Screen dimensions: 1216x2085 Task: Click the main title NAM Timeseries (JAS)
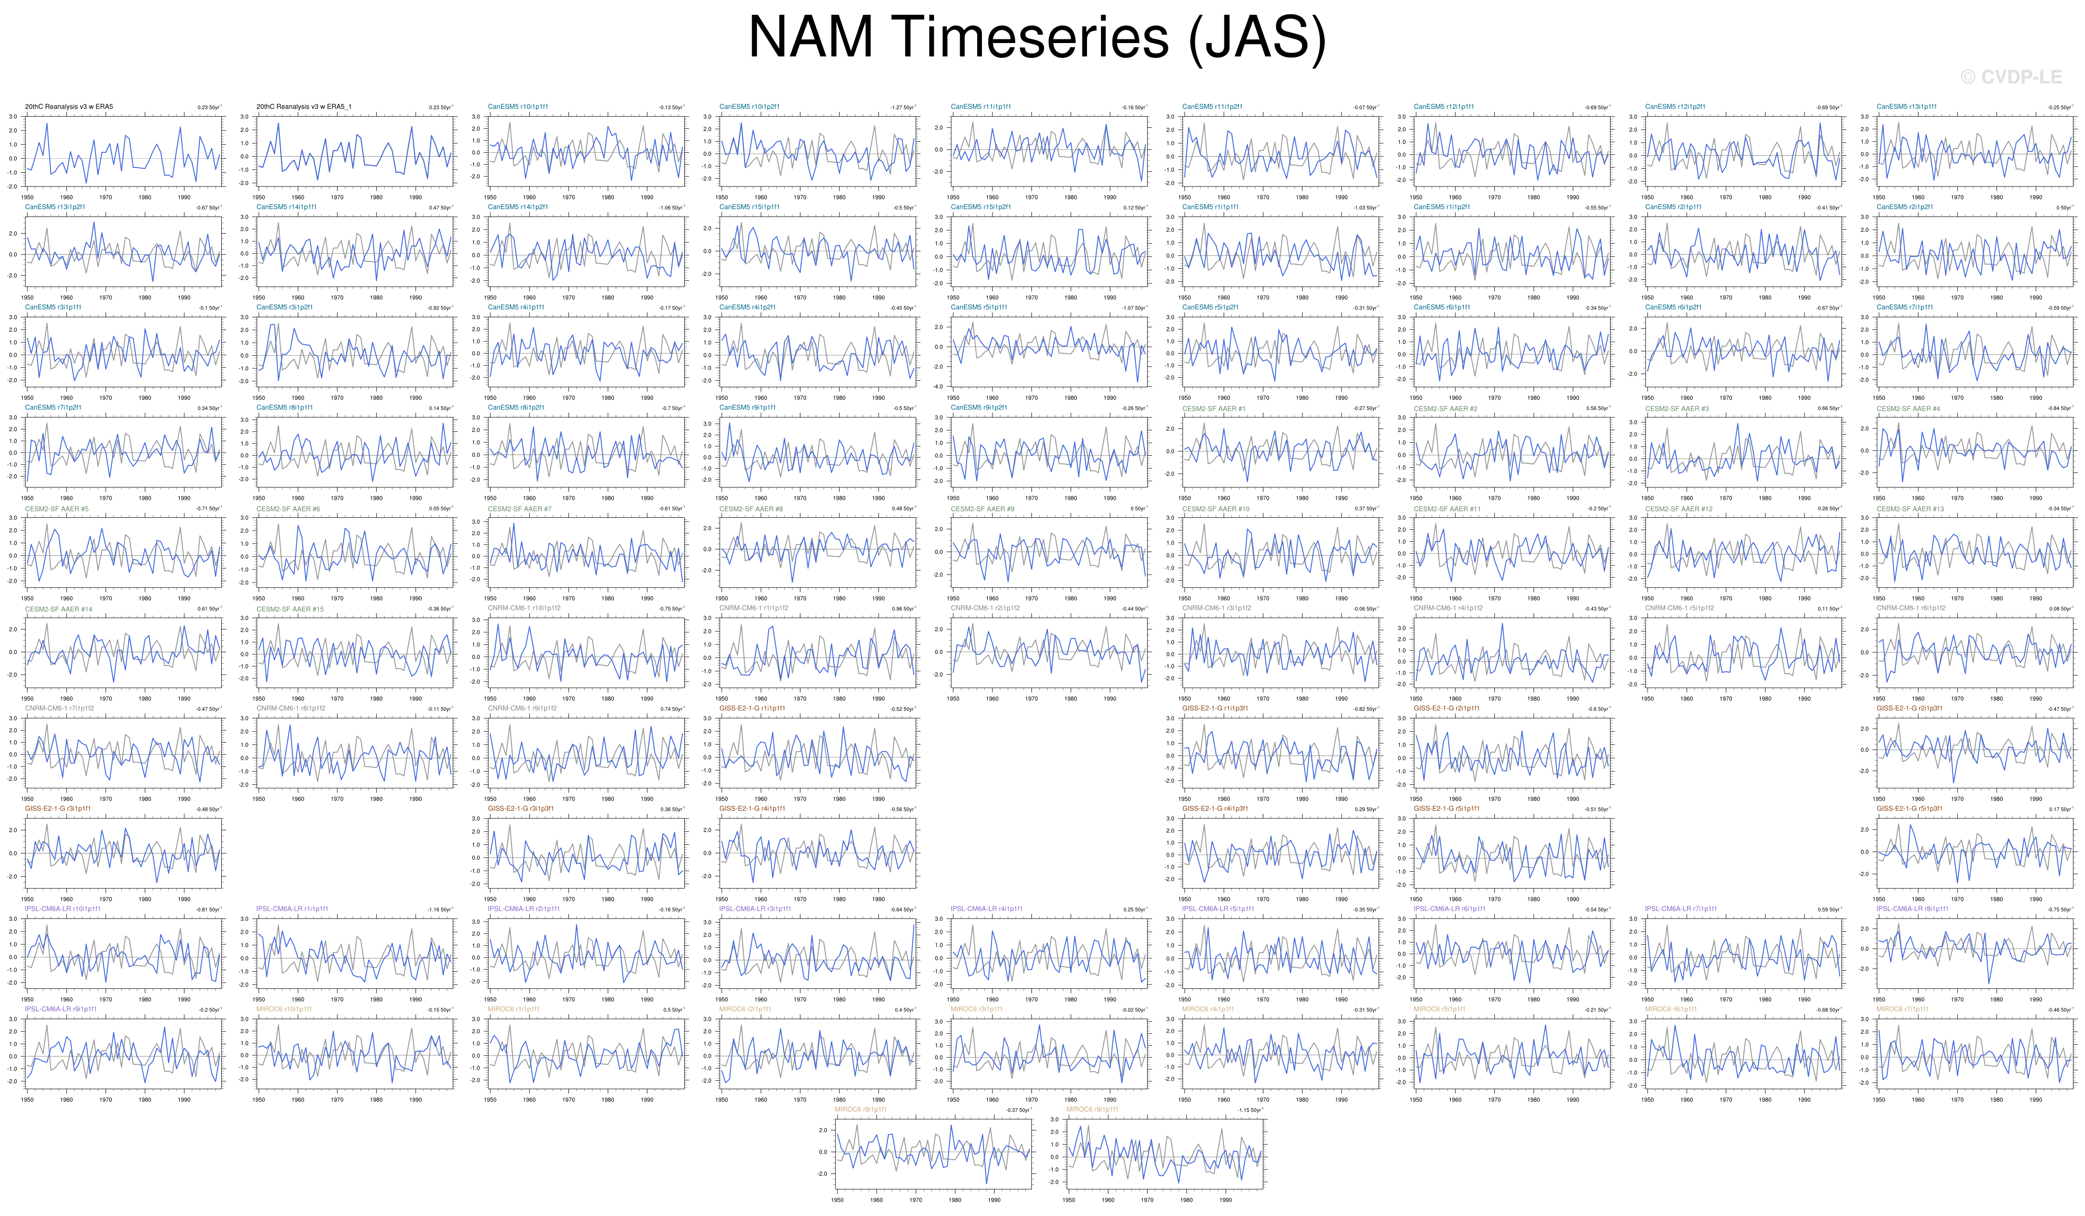click(x=1036, y=37)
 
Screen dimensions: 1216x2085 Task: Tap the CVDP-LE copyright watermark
click(x=2010, y=77)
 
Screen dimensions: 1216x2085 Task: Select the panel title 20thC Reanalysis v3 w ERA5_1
click(x=304, y=107)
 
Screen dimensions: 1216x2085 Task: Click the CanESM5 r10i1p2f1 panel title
click(x=749, y=107)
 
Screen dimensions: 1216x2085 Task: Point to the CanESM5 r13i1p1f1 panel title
click(x=1906, y=107)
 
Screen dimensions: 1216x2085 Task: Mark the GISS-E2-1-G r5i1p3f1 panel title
click(x=1909, y=808)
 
